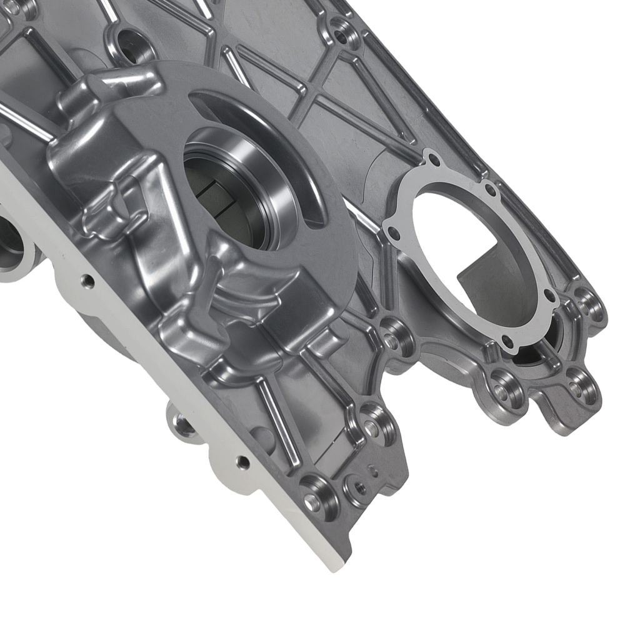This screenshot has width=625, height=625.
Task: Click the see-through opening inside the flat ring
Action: (462, 250)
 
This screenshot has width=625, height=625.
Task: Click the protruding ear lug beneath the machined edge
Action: (181, 425)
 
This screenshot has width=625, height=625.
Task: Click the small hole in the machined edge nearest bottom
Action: (242, 462)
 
